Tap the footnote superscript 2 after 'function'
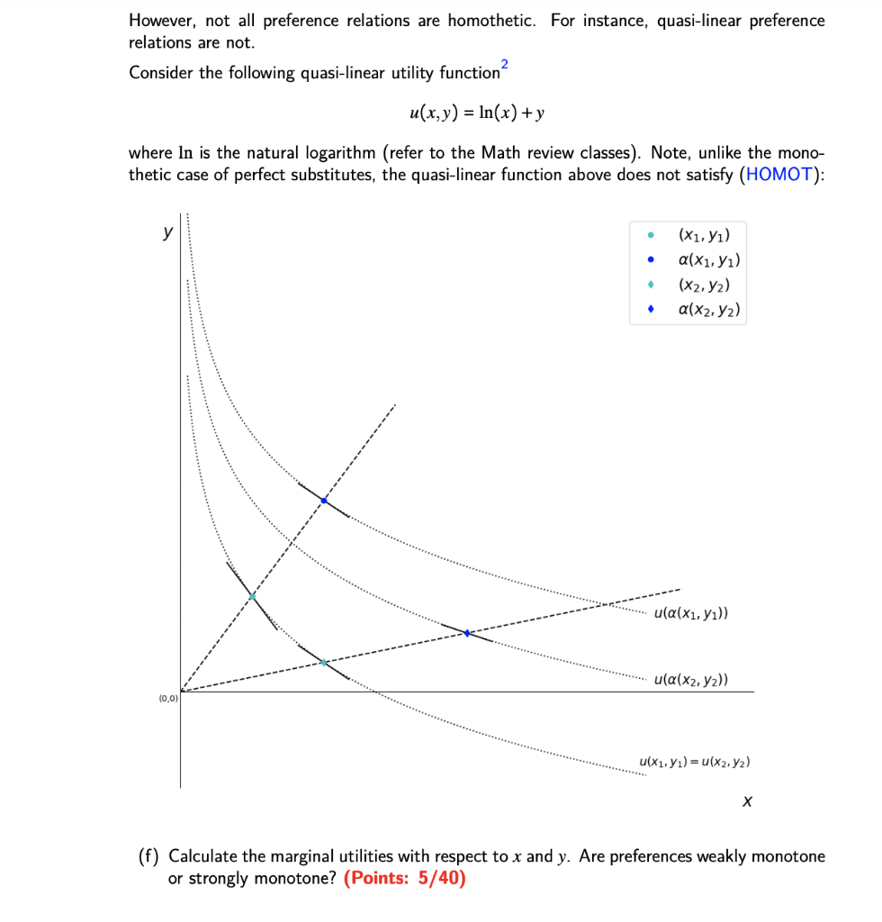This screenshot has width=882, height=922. [x=505, y=62]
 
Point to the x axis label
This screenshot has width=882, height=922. [x=747, y=800]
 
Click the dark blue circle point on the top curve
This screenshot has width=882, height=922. [x=324, y=500]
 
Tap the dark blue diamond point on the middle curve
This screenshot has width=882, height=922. [x=466, y=633]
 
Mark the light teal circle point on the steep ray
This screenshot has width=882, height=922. [x=252, y=596]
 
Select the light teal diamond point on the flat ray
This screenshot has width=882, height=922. [x=324, y=663]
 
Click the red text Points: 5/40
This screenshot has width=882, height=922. [x=405, y=879]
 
